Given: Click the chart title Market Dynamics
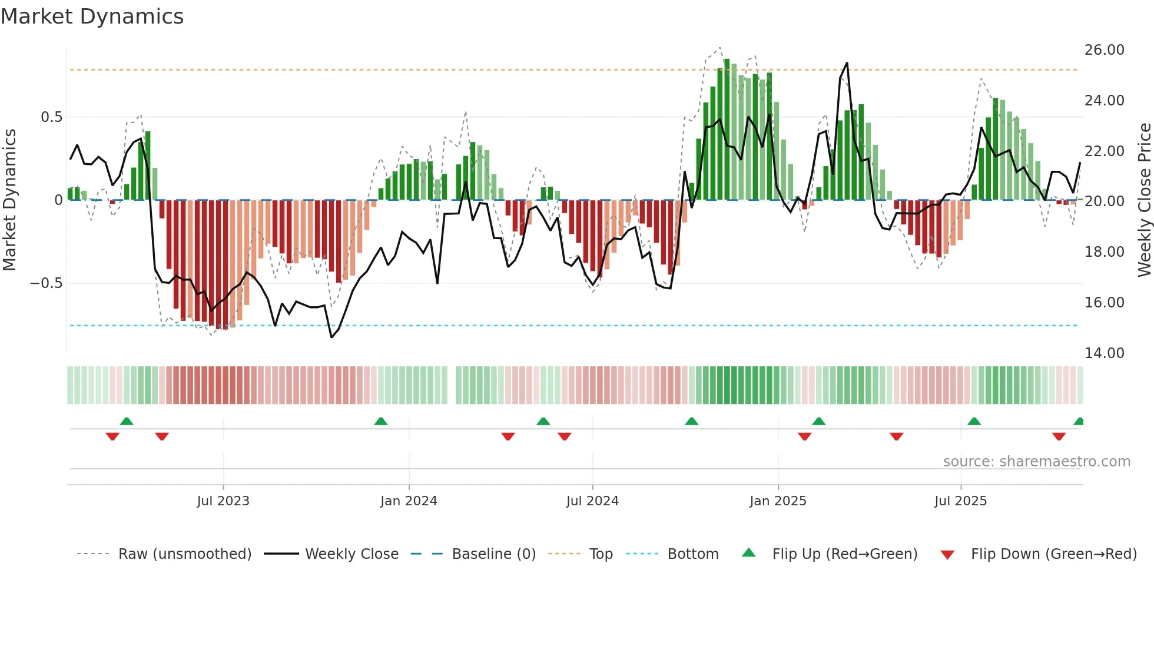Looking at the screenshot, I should click(x=92, y=16).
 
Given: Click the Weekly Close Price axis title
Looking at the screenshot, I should click(x=1144, y=200).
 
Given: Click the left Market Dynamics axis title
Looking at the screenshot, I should click(x=9, y=200).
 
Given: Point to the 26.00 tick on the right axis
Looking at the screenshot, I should click(x=1104, y=50).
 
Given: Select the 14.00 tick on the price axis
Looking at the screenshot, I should click(x=1104, y=353).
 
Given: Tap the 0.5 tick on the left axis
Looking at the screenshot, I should click(x=51, y=117).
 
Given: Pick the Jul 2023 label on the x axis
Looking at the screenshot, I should click(x=223, y=501).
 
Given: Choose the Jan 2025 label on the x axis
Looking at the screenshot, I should click(x=778, y=501).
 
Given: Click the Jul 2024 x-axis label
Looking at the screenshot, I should click(x=592, y=501).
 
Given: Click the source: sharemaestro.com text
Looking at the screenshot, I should click(x=1036, y=462).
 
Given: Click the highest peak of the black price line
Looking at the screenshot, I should click(x=847, y=63).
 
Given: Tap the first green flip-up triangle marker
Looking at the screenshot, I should click(x=127, y=421).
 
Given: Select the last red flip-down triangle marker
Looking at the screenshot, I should click(x=1059, y=436).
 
